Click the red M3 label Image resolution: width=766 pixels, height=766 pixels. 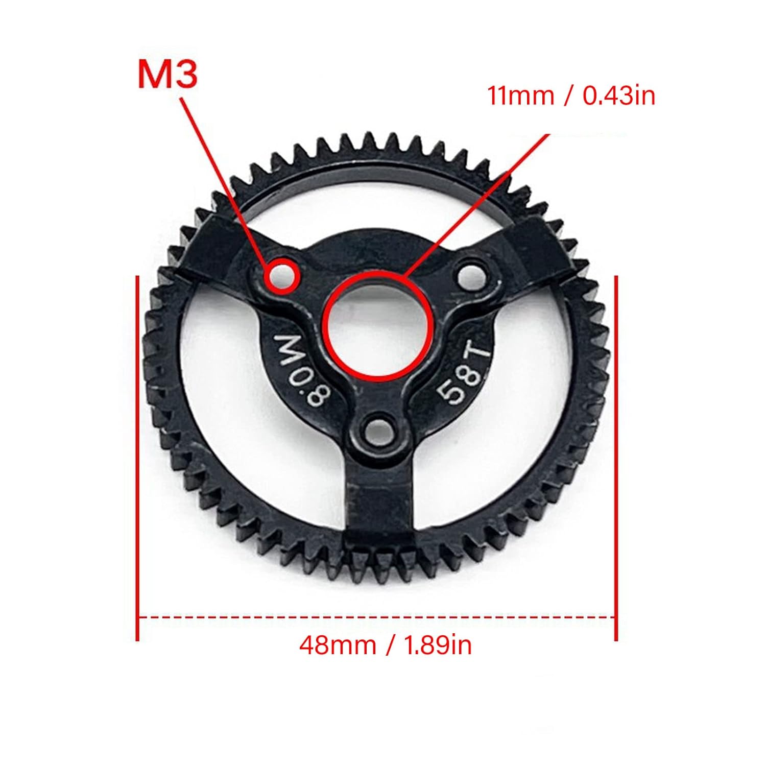point(167,75)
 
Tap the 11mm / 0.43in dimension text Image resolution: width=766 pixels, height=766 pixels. point(571,95)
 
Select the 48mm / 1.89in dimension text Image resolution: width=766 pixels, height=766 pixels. point(386,645)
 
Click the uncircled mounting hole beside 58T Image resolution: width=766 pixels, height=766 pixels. point(473,276)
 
